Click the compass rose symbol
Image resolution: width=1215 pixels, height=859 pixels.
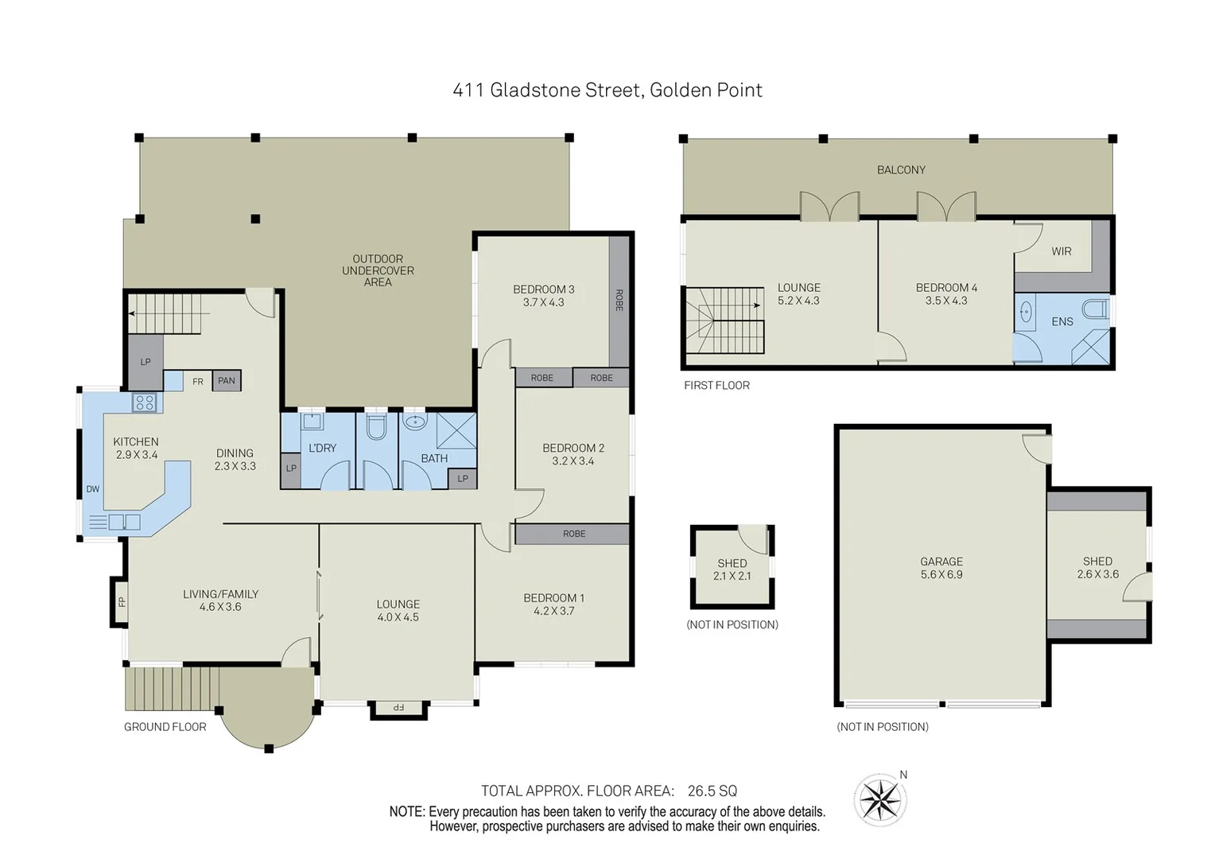click(880, 799)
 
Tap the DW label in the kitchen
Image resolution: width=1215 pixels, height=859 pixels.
click(93, 489)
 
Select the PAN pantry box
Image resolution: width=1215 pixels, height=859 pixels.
click(227, 381)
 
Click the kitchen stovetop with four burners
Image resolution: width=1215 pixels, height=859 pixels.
click(145, 402)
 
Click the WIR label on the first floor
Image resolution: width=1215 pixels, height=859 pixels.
click(1061, 251)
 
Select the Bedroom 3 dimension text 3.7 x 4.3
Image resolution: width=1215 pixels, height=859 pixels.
click(543, 302)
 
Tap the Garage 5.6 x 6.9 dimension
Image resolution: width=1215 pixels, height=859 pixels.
click(941, 574)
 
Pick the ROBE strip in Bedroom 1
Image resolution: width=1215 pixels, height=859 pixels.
click(573, 534)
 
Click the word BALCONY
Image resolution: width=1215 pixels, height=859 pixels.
click(901, 170)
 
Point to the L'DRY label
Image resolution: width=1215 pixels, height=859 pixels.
click(322, 448)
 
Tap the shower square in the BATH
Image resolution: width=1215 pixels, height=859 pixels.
click(456, 430)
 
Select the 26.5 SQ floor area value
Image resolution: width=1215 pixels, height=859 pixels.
click(712, 791)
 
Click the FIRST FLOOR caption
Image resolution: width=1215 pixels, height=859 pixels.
click(716, 385)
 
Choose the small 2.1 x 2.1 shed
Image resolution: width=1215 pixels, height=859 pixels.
click(732, 569)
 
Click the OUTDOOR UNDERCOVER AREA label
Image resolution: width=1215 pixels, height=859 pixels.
click(378, 270)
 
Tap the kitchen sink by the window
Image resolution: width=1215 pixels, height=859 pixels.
click(124, 523)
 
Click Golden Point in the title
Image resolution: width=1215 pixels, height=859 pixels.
click(705, 90)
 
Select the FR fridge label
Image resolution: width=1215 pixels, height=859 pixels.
click(198, 382)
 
